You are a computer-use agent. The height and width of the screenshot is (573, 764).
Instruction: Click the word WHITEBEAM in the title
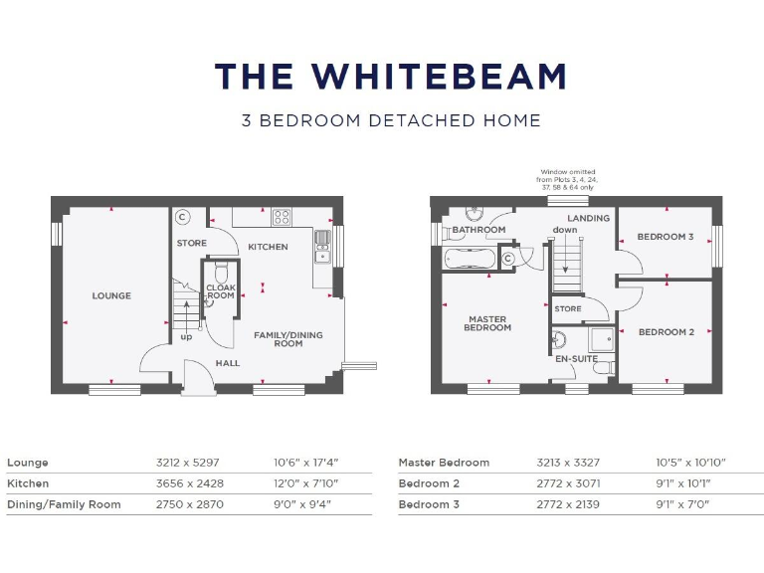(x=439, y=77)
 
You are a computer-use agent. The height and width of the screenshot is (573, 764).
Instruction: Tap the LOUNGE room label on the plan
(x=111, y=295)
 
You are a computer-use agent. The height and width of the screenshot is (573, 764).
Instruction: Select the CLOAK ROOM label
(x=221, y=291)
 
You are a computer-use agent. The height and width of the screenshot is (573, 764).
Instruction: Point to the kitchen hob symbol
(x=282, y=217)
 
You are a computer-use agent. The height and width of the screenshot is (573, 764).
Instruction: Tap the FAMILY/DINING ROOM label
(x=288, y=339)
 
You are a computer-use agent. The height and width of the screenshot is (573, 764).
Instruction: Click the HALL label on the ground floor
(x=227, y=363)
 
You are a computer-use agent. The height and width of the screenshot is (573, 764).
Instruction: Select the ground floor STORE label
(x=192, y=243)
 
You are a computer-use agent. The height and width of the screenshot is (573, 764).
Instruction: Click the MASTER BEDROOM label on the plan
(x=487, y=323)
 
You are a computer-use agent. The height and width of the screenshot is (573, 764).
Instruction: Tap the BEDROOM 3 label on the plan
(x=666, y=237)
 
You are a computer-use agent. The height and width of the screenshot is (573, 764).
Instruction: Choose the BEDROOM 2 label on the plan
(x=666, y=331)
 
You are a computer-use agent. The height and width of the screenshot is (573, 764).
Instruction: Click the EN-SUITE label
(x=577, y=358)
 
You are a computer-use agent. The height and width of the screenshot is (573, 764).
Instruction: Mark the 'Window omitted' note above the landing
(x=568, y=180)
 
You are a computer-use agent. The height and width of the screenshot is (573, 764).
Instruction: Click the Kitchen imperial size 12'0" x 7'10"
(x=306, y=483)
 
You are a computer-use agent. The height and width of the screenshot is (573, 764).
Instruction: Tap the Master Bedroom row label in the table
(x=444, y=463)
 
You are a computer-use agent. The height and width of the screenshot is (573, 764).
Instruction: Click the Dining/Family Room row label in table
(x=64, y=504)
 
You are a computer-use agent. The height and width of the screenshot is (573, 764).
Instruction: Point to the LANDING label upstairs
(x=589, y=218)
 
